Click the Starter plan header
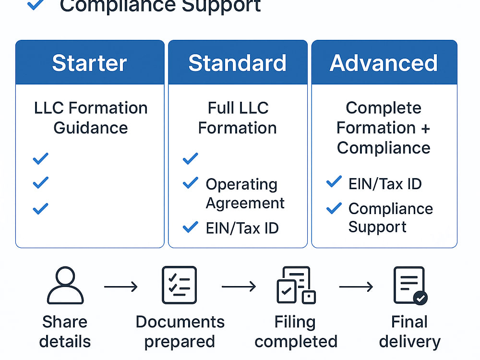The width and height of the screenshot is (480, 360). point(89,63)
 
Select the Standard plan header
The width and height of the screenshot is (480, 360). point(238,63)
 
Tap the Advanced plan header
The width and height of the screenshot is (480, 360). point(384,63)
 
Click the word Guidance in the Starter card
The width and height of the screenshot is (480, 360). point(91,128)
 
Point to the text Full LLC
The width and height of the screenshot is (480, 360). point(238,108)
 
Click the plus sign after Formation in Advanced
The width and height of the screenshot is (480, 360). point(425,129)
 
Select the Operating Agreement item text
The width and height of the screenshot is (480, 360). point(245,194)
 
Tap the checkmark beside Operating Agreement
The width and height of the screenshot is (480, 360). point(191,183)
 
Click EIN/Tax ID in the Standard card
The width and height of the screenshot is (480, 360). point(242,228)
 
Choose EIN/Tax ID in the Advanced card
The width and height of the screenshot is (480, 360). point(385,184)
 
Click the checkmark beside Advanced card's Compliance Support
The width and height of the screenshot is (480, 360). point(334,208)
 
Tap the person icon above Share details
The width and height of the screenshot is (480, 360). point(65,285)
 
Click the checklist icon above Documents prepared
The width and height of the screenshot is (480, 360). point(180,285)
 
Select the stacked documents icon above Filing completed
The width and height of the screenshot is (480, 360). point(296,285)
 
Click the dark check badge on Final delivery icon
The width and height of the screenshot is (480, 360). point(420,298)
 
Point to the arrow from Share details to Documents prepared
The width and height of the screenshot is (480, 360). point(121,287)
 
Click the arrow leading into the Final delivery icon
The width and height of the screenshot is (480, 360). point(356,287)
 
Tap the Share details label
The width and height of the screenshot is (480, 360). point(65,332)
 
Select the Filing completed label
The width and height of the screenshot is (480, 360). point(296,332)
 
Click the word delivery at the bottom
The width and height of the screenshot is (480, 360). point(409,342)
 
